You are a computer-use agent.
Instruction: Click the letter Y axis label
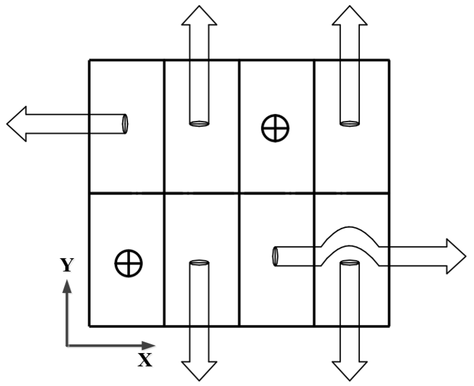tap(67, 265)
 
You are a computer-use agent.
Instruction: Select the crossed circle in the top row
tap(275, 128)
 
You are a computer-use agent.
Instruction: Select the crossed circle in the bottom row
tap(129, 263)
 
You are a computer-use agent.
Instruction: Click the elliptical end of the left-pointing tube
tap(125, 124)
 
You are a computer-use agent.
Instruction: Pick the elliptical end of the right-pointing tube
tap(275, 256)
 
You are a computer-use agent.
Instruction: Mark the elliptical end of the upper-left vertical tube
tap(199, 123)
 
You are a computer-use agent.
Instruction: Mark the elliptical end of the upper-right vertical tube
tap(349, 123)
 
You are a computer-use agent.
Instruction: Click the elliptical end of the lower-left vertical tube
tap(199, 263)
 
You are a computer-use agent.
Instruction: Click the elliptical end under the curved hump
tap(349, 263)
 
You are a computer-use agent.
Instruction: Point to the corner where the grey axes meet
tap(67, 345)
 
